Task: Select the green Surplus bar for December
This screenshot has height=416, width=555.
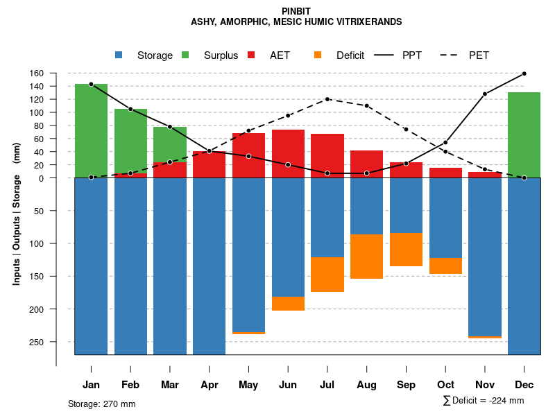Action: (x=524, y=135)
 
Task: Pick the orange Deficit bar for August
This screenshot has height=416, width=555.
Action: (x=366, y=257)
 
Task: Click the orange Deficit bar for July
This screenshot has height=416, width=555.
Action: (x=327, y=275)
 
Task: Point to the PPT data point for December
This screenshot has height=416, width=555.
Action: (x=524, y=73)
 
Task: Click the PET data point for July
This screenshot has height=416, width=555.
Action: (x=327, y=99)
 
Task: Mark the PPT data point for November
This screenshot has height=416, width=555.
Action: (x=485, y=94)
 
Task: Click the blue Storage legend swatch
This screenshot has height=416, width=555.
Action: (x=119, y=55)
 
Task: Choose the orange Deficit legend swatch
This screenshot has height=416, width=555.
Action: (x=318, y=55)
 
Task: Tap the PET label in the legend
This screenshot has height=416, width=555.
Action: (x=479, y=55)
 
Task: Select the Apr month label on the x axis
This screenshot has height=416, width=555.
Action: (x=209, y=385)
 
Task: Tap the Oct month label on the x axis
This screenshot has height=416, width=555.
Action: (x=445, y=385)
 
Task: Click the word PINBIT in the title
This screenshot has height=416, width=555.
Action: (x=296, y=11)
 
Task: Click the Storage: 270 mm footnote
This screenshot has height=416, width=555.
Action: (x=101, y=404)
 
